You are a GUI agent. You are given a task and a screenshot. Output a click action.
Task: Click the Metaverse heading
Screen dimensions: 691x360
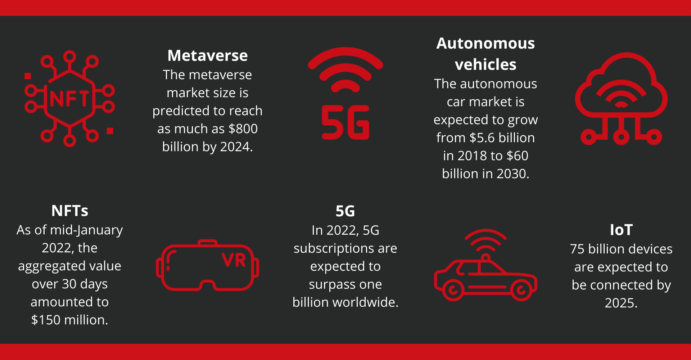point(208,55)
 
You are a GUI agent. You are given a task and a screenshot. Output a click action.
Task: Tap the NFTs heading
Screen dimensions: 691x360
point(70,211)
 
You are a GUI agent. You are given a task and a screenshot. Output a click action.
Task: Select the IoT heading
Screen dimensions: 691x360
point(621,230)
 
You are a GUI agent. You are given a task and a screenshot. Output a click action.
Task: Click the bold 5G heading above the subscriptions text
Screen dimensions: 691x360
point(345,211)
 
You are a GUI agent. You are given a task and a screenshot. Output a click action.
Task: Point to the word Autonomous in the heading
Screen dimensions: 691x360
point(485,43)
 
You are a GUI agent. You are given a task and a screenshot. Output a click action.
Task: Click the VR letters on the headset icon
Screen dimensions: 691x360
point(234,260)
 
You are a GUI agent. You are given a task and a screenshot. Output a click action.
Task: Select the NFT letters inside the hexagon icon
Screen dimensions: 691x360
point(69,99)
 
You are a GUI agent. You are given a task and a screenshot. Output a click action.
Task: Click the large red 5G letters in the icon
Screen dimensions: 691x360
point(345,122)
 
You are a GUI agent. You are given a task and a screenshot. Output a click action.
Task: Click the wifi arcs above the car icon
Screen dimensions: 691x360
point(485,234)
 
